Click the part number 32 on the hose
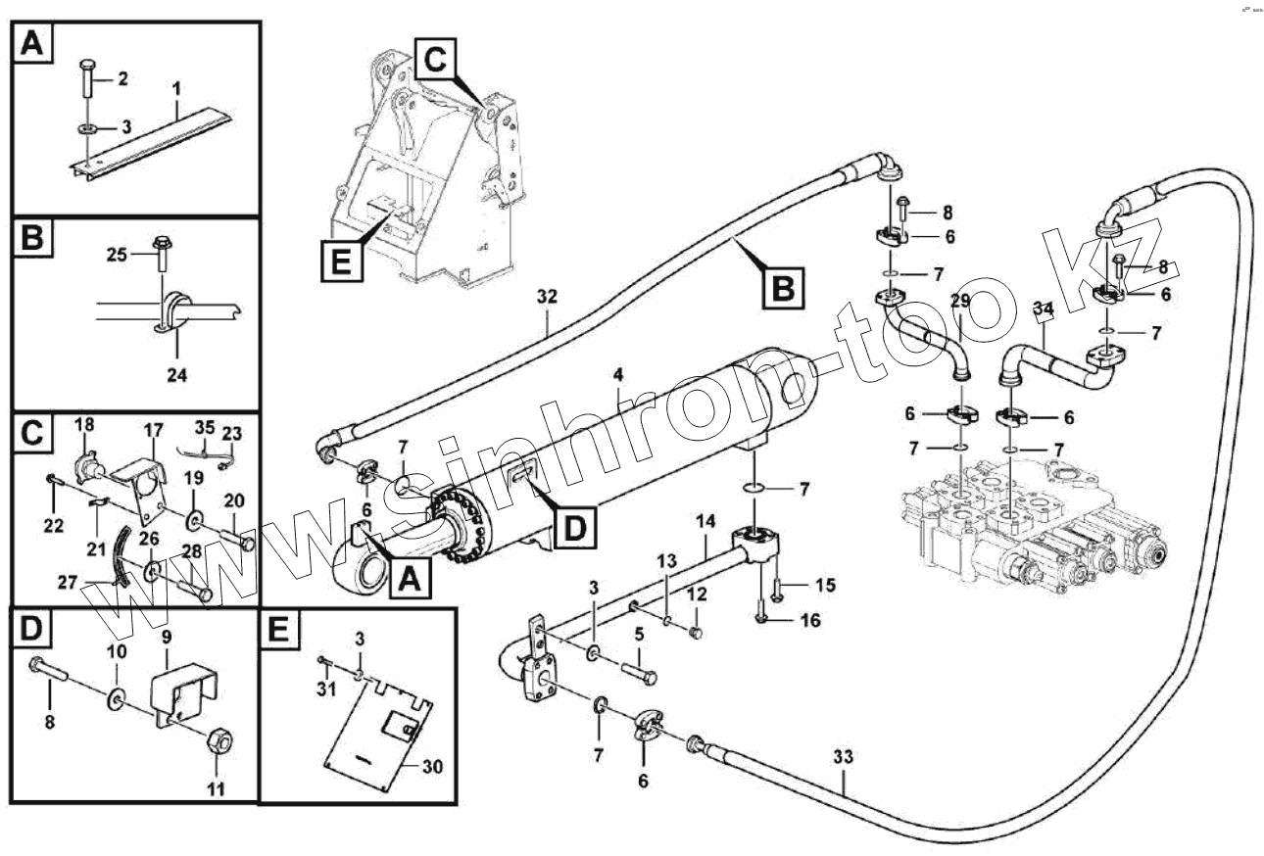point(547,295)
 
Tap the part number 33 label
point(843,756)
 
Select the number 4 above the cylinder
point(618,374)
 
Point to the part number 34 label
point(1044,309)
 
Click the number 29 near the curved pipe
point(959,301)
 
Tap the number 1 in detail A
point(176,89)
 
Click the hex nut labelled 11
point(219,743)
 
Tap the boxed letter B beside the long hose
point(784,286)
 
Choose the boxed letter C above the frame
point(434,60)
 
